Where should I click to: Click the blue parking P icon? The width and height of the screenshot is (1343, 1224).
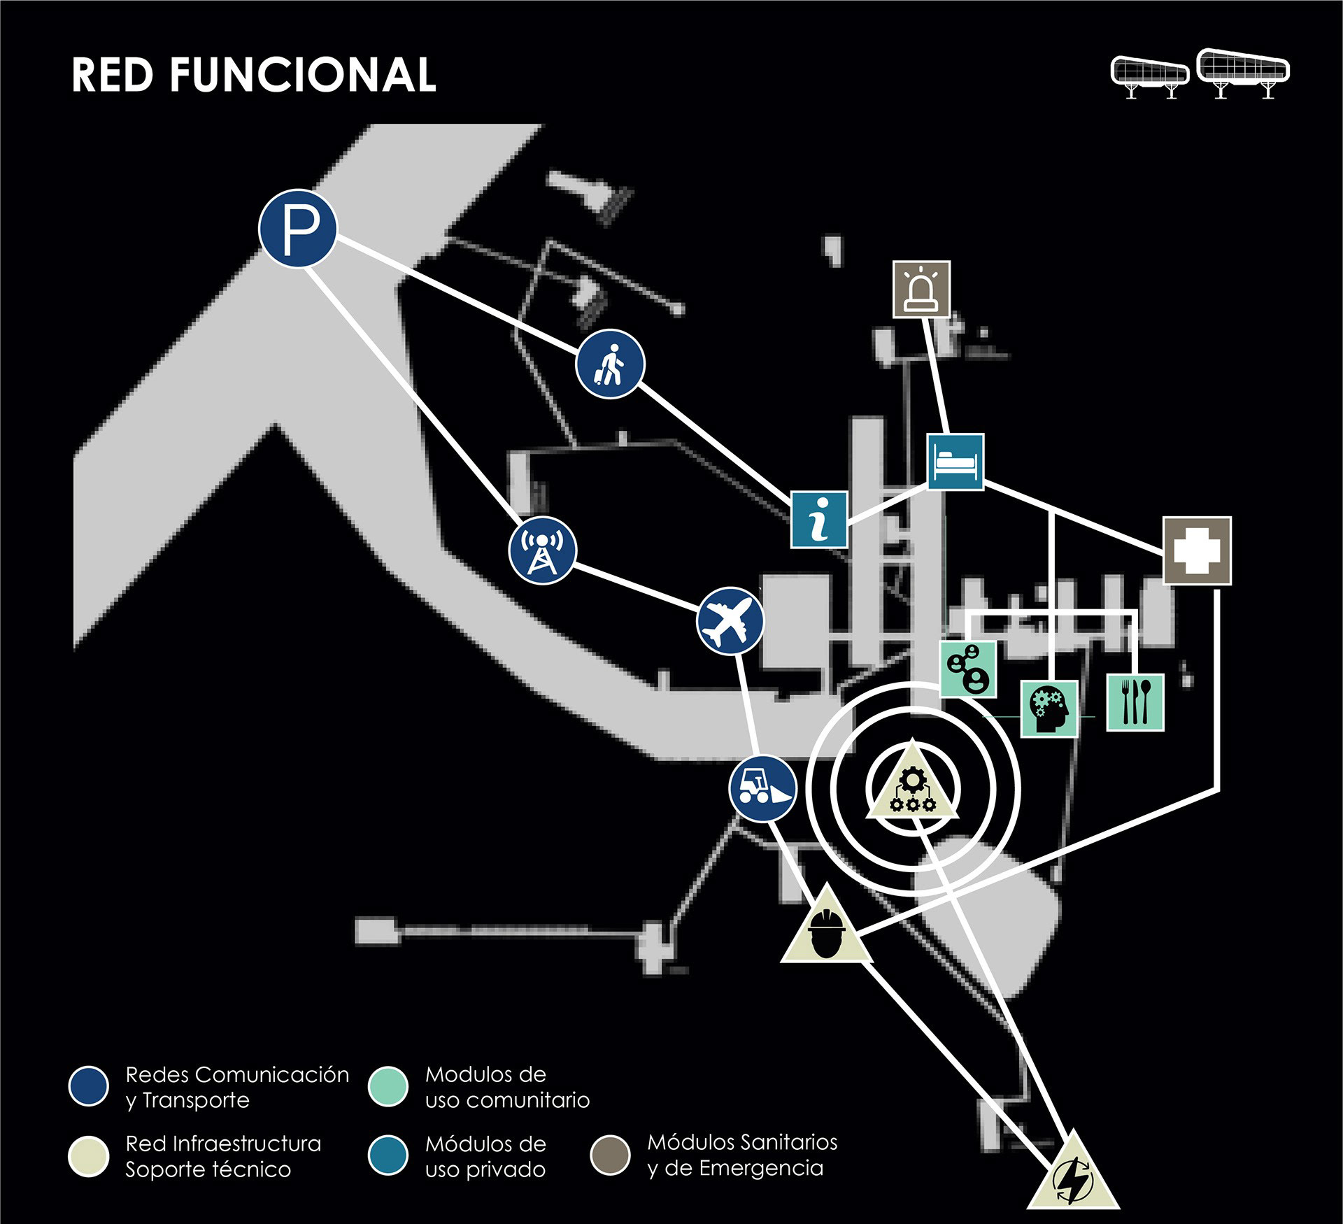click(298, 228)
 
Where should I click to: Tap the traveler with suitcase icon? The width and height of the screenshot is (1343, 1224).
click(610, 364)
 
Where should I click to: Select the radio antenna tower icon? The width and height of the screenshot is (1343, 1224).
click(543, 550)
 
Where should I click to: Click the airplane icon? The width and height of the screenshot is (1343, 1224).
click(731, 621)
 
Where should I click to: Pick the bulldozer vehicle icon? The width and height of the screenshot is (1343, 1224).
click(762, 788)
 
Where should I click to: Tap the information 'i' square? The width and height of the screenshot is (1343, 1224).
click(819, 519)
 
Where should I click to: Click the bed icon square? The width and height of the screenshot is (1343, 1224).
click(955, 462)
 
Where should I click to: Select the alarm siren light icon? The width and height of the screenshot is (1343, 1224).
click(922, 289)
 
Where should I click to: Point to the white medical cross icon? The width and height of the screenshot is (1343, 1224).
click(1197, 551)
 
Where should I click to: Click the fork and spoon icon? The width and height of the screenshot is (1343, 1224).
click(1135, 703)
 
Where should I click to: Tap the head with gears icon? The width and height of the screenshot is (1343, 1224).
click(1049, 709)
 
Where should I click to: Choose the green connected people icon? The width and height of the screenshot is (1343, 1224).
click(968, 669)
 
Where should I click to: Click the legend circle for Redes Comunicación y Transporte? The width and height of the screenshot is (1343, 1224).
click(89, 1086)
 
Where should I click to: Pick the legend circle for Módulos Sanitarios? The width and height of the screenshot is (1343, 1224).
click(611, 1154)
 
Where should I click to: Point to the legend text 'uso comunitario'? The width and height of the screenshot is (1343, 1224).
click(507, 1100)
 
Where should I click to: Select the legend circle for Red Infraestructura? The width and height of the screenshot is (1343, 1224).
click(89, 1155)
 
